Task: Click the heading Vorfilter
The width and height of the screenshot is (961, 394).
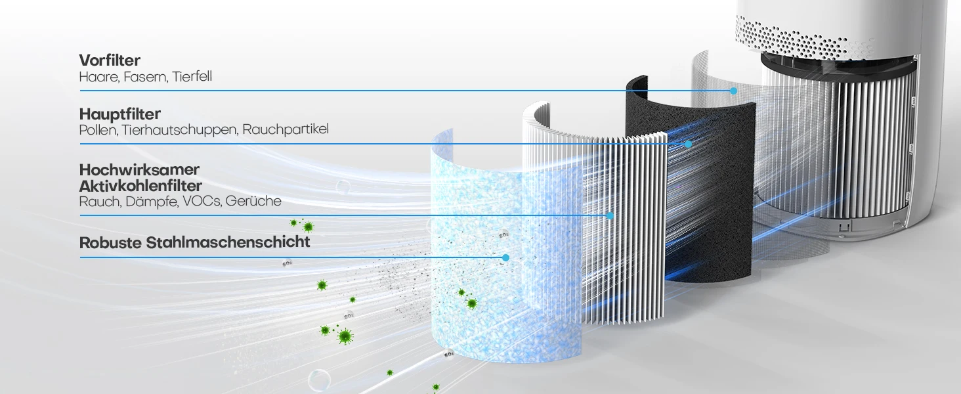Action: (x=110, y=60)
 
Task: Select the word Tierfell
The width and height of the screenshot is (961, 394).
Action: (x=192, y=77)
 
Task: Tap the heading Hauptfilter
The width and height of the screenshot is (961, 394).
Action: (x=119, y=114)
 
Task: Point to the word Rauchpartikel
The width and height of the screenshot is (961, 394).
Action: (x=286, y=129)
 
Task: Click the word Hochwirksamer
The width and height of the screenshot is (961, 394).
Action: (x=139, y=170)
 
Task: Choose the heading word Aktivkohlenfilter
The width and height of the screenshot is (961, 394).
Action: (x=140, y=186)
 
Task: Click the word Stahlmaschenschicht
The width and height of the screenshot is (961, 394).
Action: (x=228, y=242)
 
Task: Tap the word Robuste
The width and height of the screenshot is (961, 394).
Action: (x=110, y=242)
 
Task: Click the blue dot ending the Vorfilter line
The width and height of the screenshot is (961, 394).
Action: (x=733, y=91)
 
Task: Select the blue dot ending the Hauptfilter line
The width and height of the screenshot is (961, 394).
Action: (x=688, y=144)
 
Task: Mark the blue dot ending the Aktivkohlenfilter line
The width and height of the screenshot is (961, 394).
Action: (x=610, y=215)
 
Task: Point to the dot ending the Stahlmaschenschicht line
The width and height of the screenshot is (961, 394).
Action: (x=505, y=257)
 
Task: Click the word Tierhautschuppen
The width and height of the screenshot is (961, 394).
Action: (x=180, y=129)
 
